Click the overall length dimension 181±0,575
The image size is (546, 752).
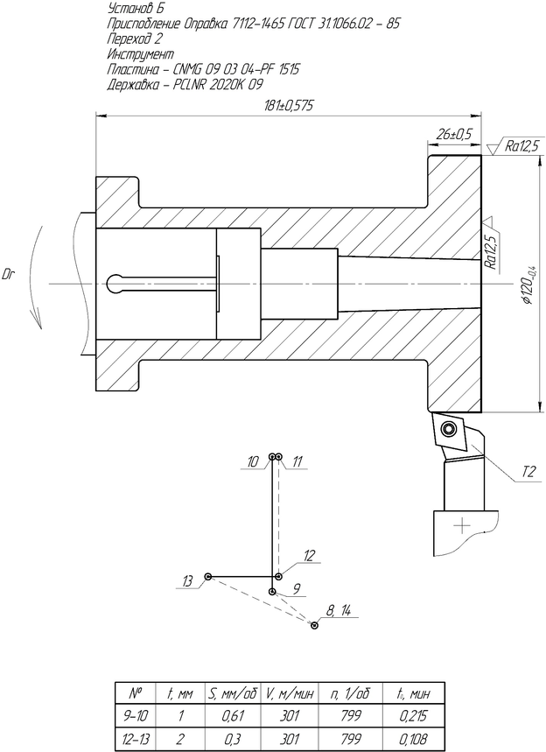coord(289,106)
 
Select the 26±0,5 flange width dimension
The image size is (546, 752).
coord(454,134)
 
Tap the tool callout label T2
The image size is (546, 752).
coord(528,473)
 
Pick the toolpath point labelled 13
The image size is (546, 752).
coord(208,576)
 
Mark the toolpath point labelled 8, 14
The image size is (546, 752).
coord(314,625)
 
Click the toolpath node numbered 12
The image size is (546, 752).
coord(278,576)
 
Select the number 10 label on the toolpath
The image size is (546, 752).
coord(253,462)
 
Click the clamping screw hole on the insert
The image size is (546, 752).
coord(449,428)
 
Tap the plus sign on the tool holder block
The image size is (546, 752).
coord(462,526)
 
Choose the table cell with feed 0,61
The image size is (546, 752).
coord(232,716)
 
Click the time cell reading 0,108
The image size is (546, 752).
coord(413,739)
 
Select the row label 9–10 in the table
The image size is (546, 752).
coord(136,716)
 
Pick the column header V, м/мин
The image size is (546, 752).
coord(289,693)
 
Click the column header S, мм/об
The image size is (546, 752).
coord(232,693)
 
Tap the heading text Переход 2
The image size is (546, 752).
coord(135,39)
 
